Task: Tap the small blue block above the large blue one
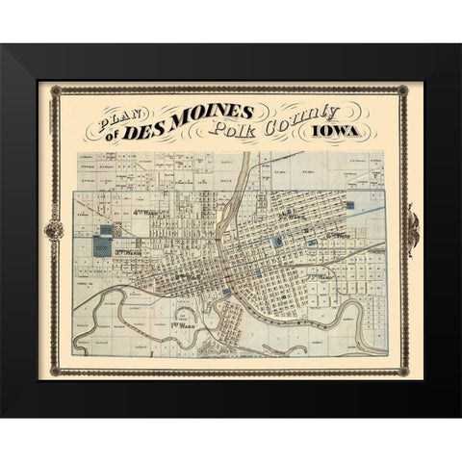point(104,229)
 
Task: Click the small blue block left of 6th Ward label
point(314,242)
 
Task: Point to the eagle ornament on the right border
point(415,230)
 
